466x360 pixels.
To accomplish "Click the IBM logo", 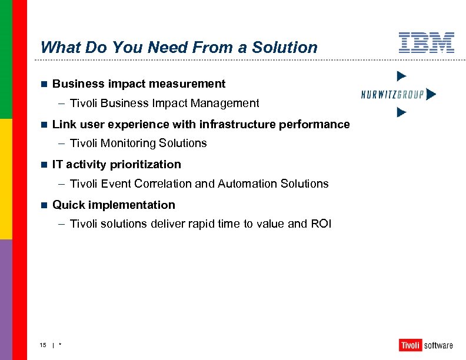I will click(x=427, y=43).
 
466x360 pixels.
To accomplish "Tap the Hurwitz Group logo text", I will click(x=392, y=94).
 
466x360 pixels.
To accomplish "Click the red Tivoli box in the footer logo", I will click(x=410, y=345).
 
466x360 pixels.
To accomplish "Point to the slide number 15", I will click(x=43, y=345).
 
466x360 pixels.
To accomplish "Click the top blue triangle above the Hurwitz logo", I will click(x=401, y=75).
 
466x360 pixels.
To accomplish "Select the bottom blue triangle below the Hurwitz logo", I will click(x=401, y=112).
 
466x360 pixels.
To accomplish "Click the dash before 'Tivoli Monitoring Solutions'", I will click(x=62, y=144).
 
